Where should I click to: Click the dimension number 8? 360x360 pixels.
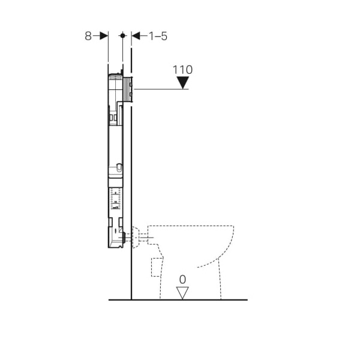88,36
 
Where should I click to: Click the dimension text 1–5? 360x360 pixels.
158,36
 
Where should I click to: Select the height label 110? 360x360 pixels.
182,70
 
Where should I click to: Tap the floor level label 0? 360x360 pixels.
182,280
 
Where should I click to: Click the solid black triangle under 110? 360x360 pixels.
183,82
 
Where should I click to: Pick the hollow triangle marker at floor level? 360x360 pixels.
182,293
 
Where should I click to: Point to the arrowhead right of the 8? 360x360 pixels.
104,36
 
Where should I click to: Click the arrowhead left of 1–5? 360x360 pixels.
136,36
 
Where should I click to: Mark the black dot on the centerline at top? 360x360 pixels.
122,35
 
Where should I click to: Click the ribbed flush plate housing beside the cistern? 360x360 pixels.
128,89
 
